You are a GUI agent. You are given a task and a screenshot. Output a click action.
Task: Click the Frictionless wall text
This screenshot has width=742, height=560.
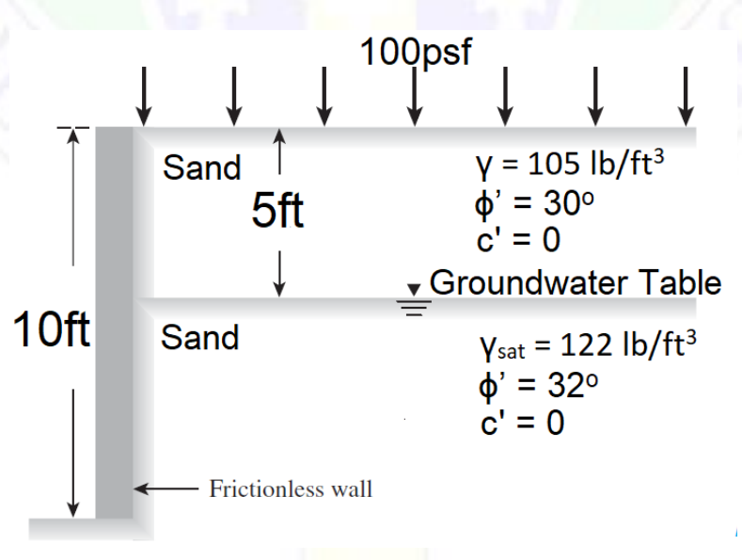[291, 488]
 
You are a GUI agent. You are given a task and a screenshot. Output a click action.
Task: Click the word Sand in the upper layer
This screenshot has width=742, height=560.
[201, 168]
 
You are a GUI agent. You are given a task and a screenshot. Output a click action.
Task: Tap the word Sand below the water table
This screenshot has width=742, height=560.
[199, 336]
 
